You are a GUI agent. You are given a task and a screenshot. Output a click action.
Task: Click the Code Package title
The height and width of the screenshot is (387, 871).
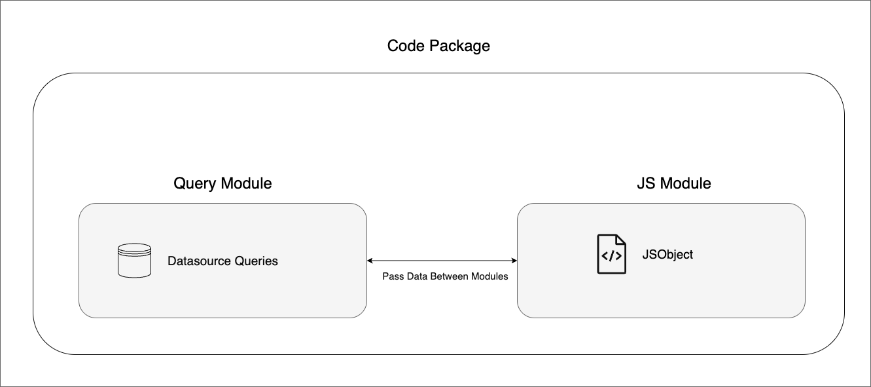click(438, 46)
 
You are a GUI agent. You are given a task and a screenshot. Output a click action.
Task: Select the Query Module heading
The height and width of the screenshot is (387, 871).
click(222, 183)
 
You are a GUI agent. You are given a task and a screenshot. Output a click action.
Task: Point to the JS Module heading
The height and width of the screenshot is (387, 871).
click(673, 183)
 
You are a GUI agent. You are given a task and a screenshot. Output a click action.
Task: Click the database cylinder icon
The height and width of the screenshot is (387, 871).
click(134, 261)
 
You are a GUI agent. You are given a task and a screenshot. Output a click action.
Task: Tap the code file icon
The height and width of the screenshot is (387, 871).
click(611, 254)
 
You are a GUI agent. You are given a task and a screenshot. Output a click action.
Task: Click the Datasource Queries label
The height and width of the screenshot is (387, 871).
click(222, 261)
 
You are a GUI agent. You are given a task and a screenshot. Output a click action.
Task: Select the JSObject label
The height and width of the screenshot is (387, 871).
click(667, 254)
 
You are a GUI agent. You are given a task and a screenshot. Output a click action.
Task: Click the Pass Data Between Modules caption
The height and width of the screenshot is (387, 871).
click(445, 276)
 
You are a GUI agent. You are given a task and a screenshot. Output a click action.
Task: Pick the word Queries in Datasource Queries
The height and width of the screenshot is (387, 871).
click(256, 261)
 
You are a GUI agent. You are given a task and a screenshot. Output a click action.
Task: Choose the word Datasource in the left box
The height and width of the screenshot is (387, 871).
click(199, 261)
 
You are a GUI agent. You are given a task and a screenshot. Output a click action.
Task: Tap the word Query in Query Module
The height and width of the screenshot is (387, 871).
click(194, 184)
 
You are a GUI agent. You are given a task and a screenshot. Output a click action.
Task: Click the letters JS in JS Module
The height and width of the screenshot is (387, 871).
click(645, 183)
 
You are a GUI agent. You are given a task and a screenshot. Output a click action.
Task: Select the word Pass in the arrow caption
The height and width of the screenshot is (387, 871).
click(393, 276)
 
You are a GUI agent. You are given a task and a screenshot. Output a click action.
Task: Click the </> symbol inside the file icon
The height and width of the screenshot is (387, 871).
click(611, 256)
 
